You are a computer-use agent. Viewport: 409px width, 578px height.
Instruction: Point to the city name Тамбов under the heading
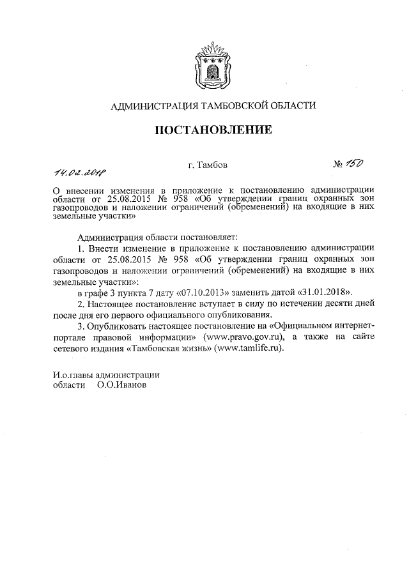203,165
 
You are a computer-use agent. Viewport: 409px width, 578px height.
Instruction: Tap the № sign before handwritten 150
339,165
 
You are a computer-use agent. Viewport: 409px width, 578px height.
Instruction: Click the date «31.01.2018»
323,292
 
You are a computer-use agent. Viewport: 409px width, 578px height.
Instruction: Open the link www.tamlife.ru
249,349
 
